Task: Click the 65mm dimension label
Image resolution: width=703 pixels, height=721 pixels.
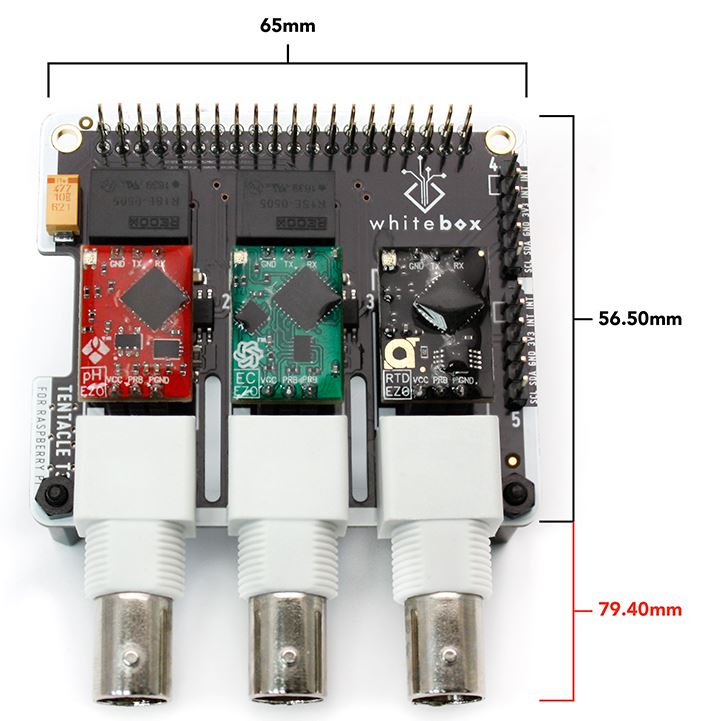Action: tap(287, 25)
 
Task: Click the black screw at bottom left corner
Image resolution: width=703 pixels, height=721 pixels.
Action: tap(57, 494)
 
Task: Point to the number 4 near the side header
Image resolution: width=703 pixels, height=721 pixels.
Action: tap(495, 164)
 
